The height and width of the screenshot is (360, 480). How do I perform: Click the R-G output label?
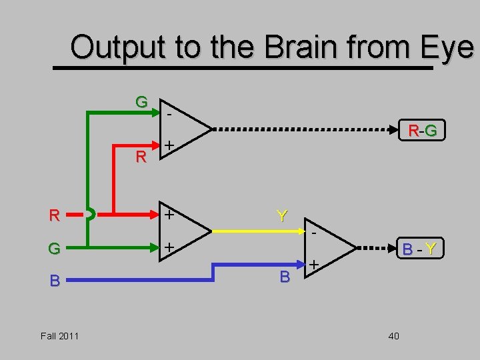(x=423, y=131)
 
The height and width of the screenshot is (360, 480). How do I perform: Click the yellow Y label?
(x=283, y=216)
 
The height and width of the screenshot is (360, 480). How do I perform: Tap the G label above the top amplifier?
(x=141, y=103)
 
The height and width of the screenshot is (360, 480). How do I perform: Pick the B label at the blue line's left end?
(x=55, y=281)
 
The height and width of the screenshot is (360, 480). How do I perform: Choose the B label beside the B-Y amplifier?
(x=284, y=276)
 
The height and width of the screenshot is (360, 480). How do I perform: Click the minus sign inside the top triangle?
(x=169, y=115)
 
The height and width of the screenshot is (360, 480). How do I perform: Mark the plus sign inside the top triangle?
(x=170, y=145)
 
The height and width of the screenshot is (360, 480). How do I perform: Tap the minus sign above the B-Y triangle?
(x=314, y=232)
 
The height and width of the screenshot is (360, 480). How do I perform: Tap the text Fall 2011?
(x=59, y=335)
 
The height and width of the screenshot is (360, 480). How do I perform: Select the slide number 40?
(x=393, y=335)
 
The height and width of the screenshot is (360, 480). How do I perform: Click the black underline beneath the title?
(x=243, y=67)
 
